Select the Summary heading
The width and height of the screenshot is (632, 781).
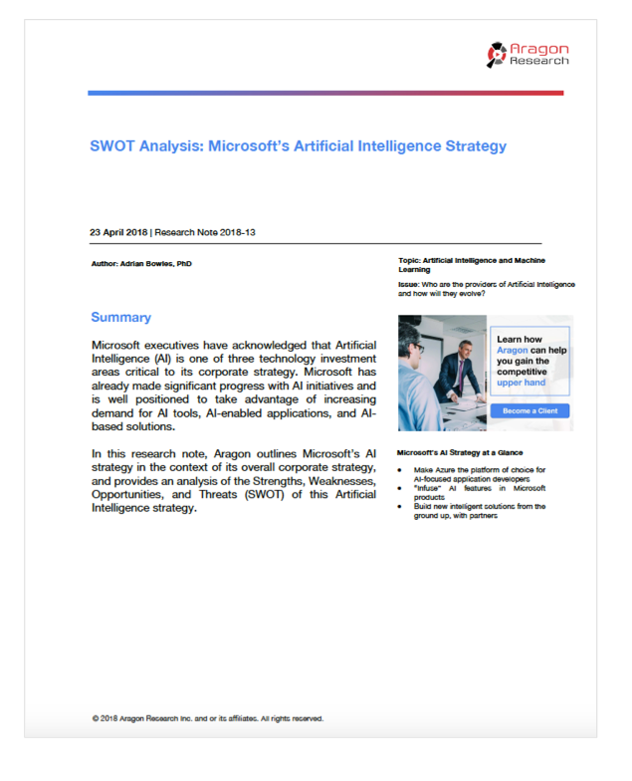(x=120, y=318)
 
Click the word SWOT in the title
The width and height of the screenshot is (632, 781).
(x=112, y=146)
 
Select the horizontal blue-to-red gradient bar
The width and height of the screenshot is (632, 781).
(x=324, y=94)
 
